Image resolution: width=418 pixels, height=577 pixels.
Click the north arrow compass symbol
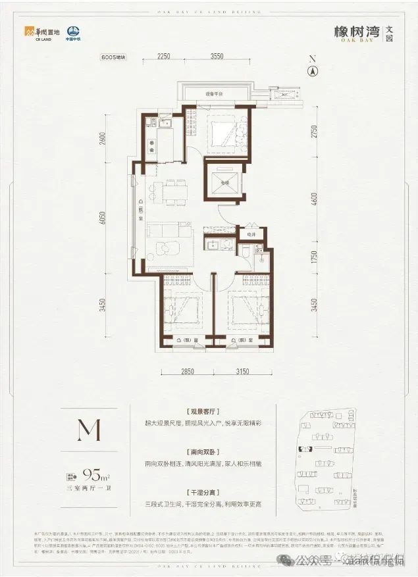click(x=313, y=69)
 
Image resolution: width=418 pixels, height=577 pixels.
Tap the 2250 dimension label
click(x=164, y=57)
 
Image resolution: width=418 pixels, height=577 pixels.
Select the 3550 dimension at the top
click(x=211, y=57)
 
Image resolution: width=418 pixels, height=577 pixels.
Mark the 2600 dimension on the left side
click(x=103, y=140)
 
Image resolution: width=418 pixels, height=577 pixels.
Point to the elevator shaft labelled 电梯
click(x=224, y=181)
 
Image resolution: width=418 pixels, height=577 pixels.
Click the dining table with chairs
click(x=169, y=191)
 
